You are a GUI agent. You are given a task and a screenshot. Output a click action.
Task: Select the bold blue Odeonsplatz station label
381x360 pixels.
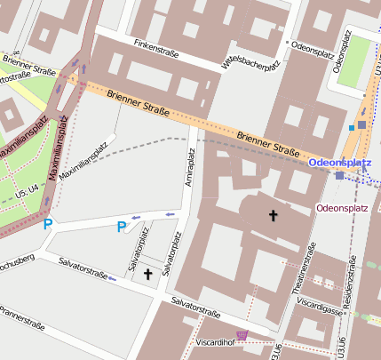(x=339, y=164)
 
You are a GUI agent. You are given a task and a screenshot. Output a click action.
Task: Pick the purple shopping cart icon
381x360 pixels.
(x=242, y=335)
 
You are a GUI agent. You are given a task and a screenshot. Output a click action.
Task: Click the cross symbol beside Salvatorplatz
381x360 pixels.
(x=147, y=275)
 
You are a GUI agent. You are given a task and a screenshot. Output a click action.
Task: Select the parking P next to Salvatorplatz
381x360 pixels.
(x=122, y=228)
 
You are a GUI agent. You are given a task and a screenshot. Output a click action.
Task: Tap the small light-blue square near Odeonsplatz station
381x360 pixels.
(x=352, y=128)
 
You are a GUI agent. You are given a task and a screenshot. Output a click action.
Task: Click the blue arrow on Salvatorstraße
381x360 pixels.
(x=112, y=279)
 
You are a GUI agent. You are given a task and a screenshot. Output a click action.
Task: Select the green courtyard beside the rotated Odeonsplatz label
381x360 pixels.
(x=353, y=59)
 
